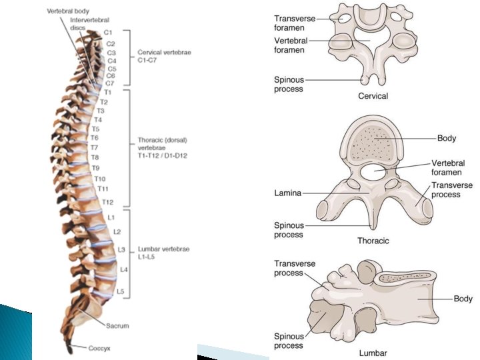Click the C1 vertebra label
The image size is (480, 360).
109,32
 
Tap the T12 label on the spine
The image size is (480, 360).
108,202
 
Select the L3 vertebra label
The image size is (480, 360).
121,249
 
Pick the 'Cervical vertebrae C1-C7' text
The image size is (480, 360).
164,55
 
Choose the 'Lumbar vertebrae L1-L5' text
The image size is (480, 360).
163,253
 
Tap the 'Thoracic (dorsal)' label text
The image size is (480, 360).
160,141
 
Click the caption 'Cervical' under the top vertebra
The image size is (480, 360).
373,96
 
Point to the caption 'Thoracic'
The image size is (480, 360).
373,241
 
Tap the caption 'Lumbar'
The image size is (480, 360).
373,353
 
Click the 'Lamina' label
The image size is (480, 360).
288,193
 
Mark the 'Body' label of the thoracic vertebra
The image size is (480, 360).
447,139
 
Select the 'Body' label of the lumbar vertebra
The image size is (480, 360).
463,299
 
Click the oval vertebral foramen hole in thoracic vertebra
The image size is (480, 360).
377,173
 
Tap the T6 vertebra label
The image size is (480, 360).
95,138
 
